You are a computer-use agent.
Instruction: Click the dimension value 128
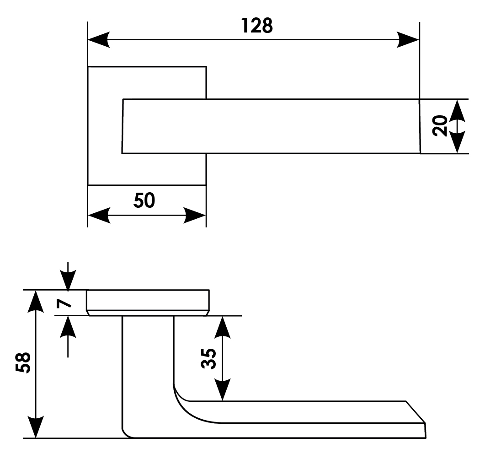(x=257, y=26)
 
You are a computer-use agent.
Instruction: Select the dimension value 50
(x=144, y=200)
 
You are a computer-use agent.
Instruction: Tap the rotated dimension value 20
(x=440, y=126)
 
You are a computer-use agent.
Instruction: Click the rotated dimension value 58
(x=22, y=363)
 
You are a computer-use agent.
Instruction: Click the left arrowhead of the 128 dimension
(x=99, y=39)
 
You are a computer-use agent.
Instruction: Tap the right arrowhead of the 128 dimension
(x=408, y=39)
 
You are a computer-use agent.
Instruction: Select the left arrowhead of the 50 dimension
(x=99, y=215)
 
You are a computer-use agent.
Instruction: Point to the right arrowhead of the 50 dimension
(x=195, y=215)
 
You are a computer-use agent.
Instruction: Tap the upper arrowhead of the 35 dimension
(x=222, y=326)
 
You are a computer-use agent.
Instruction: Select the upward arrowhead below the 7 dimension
(x=68, y=326)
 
